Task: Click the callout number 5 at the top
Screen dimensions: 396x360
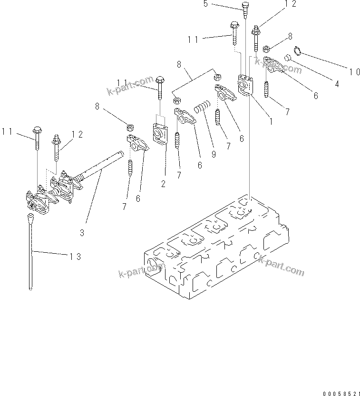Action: point(205,4)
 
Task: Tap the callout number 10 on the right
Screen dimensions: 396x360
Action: point(354,72)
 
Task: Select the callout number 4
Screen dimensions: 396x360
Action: point(337,84)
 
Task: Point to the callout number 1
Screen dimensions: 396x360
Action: point(271,121)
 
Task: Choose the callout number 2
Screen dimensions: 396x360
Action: point(163,184)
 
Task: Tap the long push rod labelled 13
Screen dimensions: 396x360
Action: point(30,252)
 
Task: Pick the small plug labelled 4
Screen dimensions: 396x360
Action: point(287,58)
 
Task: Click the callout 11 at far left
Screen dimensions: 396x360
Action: point(7,131)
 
